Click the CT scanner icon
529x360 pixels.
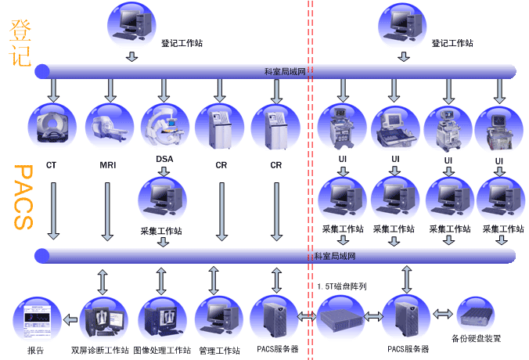click(x=52, y=128)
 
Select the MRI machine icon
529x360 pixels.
click(x=107, y=128)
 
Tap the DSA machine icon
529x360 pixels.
click(x=164, y=128)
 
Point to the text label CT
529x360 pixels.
click(x=51, y=166)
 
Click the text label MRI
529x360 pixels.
click(x=108, y=166)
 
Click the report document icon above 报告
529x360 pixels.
click(x=35, y=319)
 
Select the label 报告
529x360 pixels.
click(x=35, y=350)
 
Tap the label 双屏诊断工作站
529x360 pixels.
click(x=99, y=350)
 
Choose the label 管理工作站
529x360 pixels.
click(x=219, y=350)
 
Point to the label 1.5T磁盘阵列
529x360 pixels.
click(x=342, y=286)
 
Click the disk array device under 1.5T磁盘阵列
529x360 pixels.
click(x=342, y=317)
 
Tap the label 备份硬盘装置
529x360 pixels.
click(x=477, y=339)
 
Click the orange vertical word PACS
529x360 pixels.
click(x=23, y=196)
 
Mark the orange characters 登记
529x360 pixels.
click(x=21, y=42)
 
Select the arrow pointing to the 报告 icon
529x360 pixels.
click(x=70, y=319)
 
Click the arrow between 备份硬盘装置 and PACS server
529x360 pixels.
click(x=443, y=314)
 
